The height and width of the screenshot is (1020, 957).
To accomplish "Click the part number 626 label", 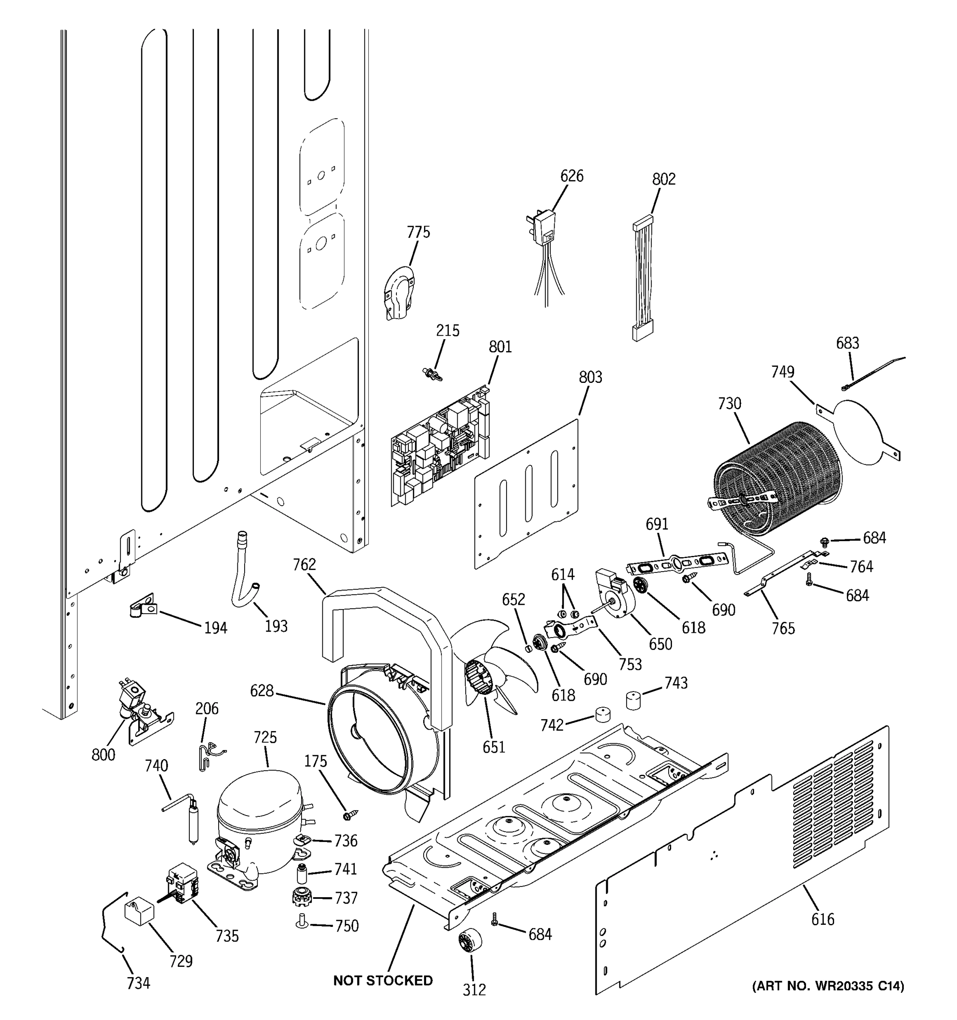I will pos(571,176).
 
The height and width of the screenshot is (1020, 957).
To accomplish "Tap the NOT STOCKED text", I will pos(382,980).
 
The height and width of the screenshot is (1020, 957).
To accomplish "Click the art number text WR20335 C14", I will pos(828,986).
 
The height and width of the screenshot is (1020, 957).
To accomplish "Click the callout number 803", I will pos(590,377).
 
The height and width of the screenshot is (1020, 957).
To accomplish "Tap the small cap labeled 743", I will pos(634,700).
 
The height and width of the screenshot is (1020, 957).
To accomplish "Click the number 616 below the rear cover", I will pos(823,919).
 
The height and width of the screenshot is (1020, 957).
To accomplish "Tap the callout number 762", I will pos(304,564).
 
